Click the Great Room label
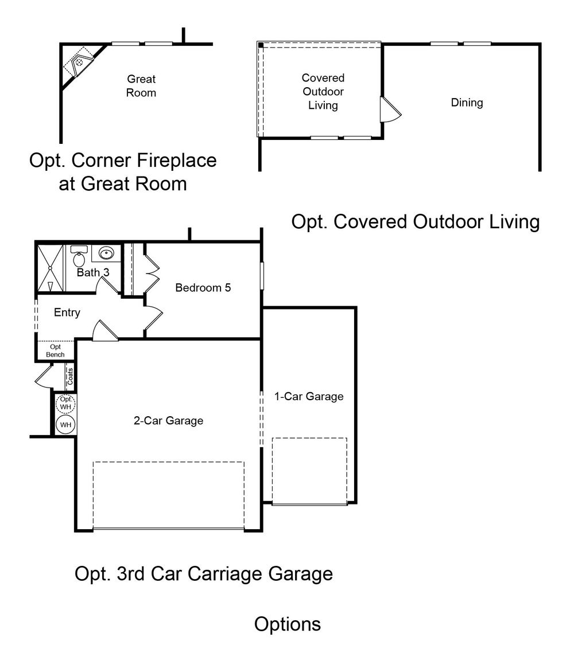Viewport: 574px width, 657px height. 141,86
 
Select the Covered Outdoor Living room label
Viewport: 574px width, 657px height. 323,91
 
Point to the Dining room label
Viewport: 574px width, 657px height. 467,103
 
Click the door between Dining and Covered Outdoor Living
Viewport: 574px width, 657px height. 390,109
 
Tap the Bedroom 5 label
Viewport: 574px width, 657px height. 203,287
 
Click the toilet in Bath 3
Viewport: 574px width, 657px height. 79,256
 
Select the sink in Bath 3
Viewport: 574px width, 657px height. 106,253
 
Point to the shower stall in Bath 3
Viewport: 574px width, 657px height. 50,268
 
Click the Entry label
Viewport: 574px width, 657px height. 67,312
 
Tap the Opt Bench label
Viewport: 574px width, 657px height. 55,351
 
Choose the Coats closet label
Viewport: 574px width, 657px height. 70,376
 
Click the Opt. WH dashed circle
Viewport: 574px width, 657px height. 66,404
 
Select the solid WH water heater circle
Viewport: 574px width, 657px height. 65,424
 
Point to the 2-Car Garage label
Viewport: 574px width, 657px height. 168,421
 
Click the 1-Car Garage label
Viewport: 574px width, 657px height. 309,396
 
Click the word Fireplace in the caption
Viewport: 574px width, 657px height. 176,161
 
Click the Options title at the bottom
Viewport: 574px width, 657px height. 288,624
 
